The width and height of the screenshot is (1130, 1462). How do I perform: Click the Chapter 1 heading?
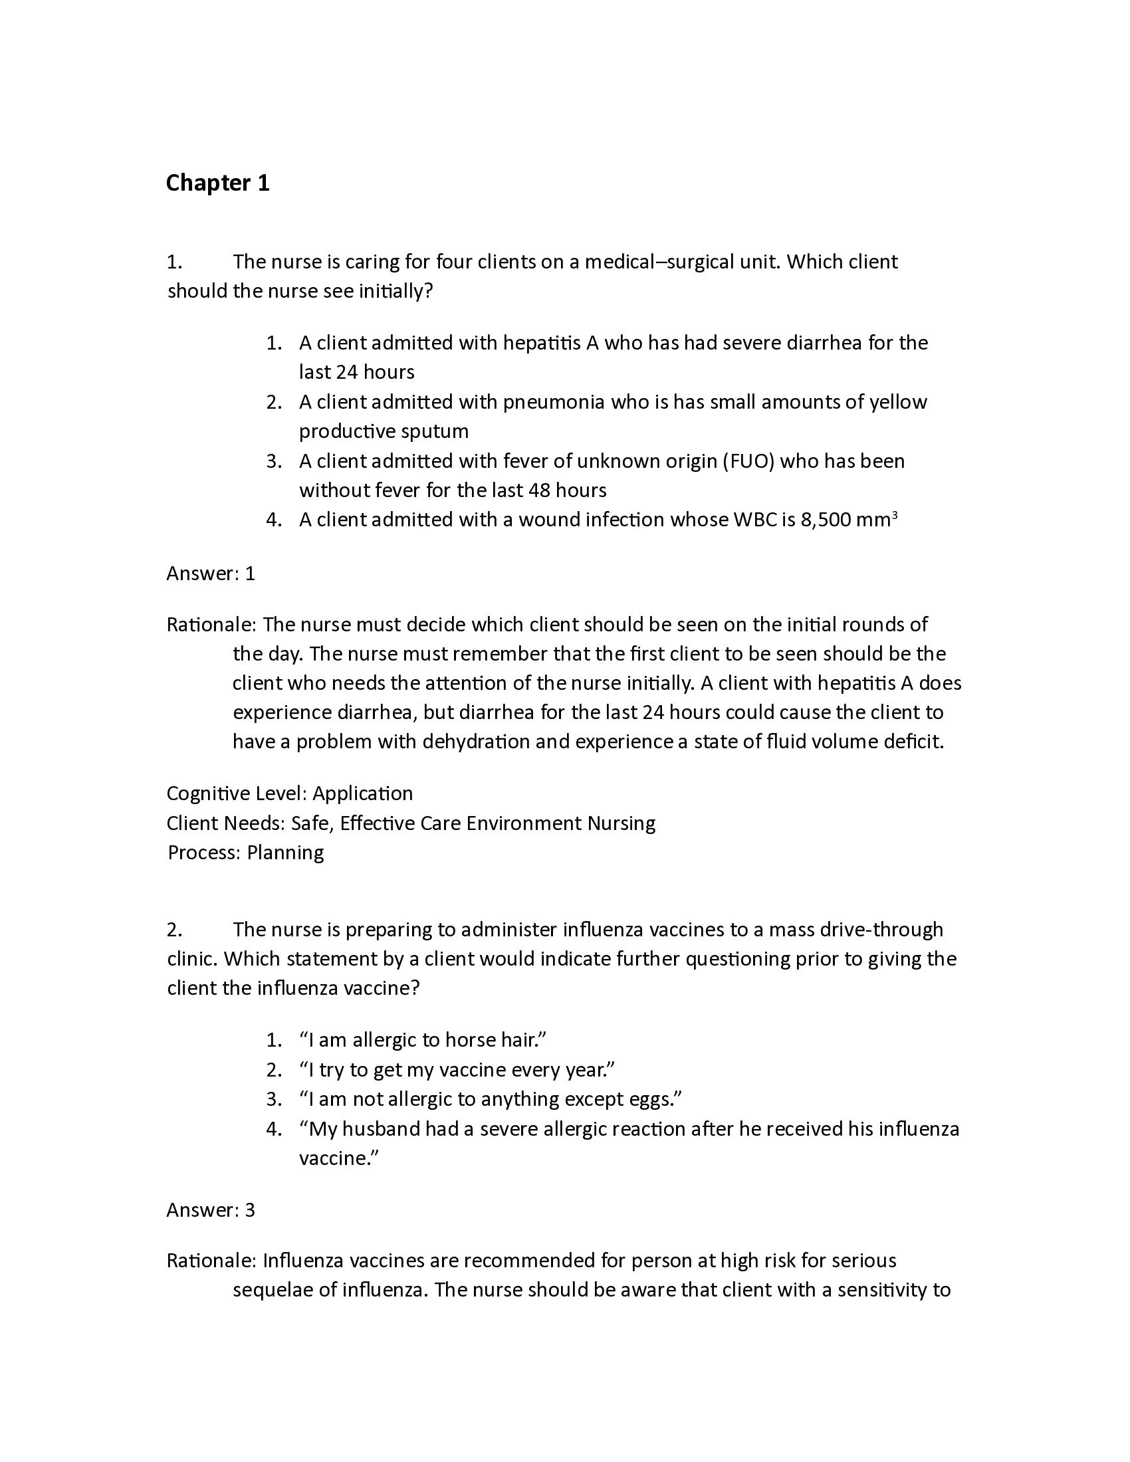coord(217,183)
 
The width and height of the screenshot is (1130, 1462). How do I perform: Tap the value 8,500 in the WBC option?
coord(826,520)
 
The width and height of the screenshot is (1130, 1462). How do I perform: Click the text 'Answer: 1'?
coord(211,574)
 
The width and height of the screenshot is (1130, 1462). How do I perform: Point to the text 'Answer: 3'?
coord(211,1209)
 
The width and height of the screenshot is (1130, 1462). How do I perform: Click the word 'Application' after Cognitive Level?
coord(363,793)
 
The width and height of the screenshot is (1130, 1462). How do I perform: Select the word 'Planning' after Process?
coord(285,852)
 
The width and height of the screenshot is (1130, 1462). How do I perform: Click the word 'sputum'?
coord(435,431)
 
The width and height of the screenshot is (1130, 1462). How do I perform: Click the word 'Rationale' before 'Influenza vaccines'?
coord(209,1261)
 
